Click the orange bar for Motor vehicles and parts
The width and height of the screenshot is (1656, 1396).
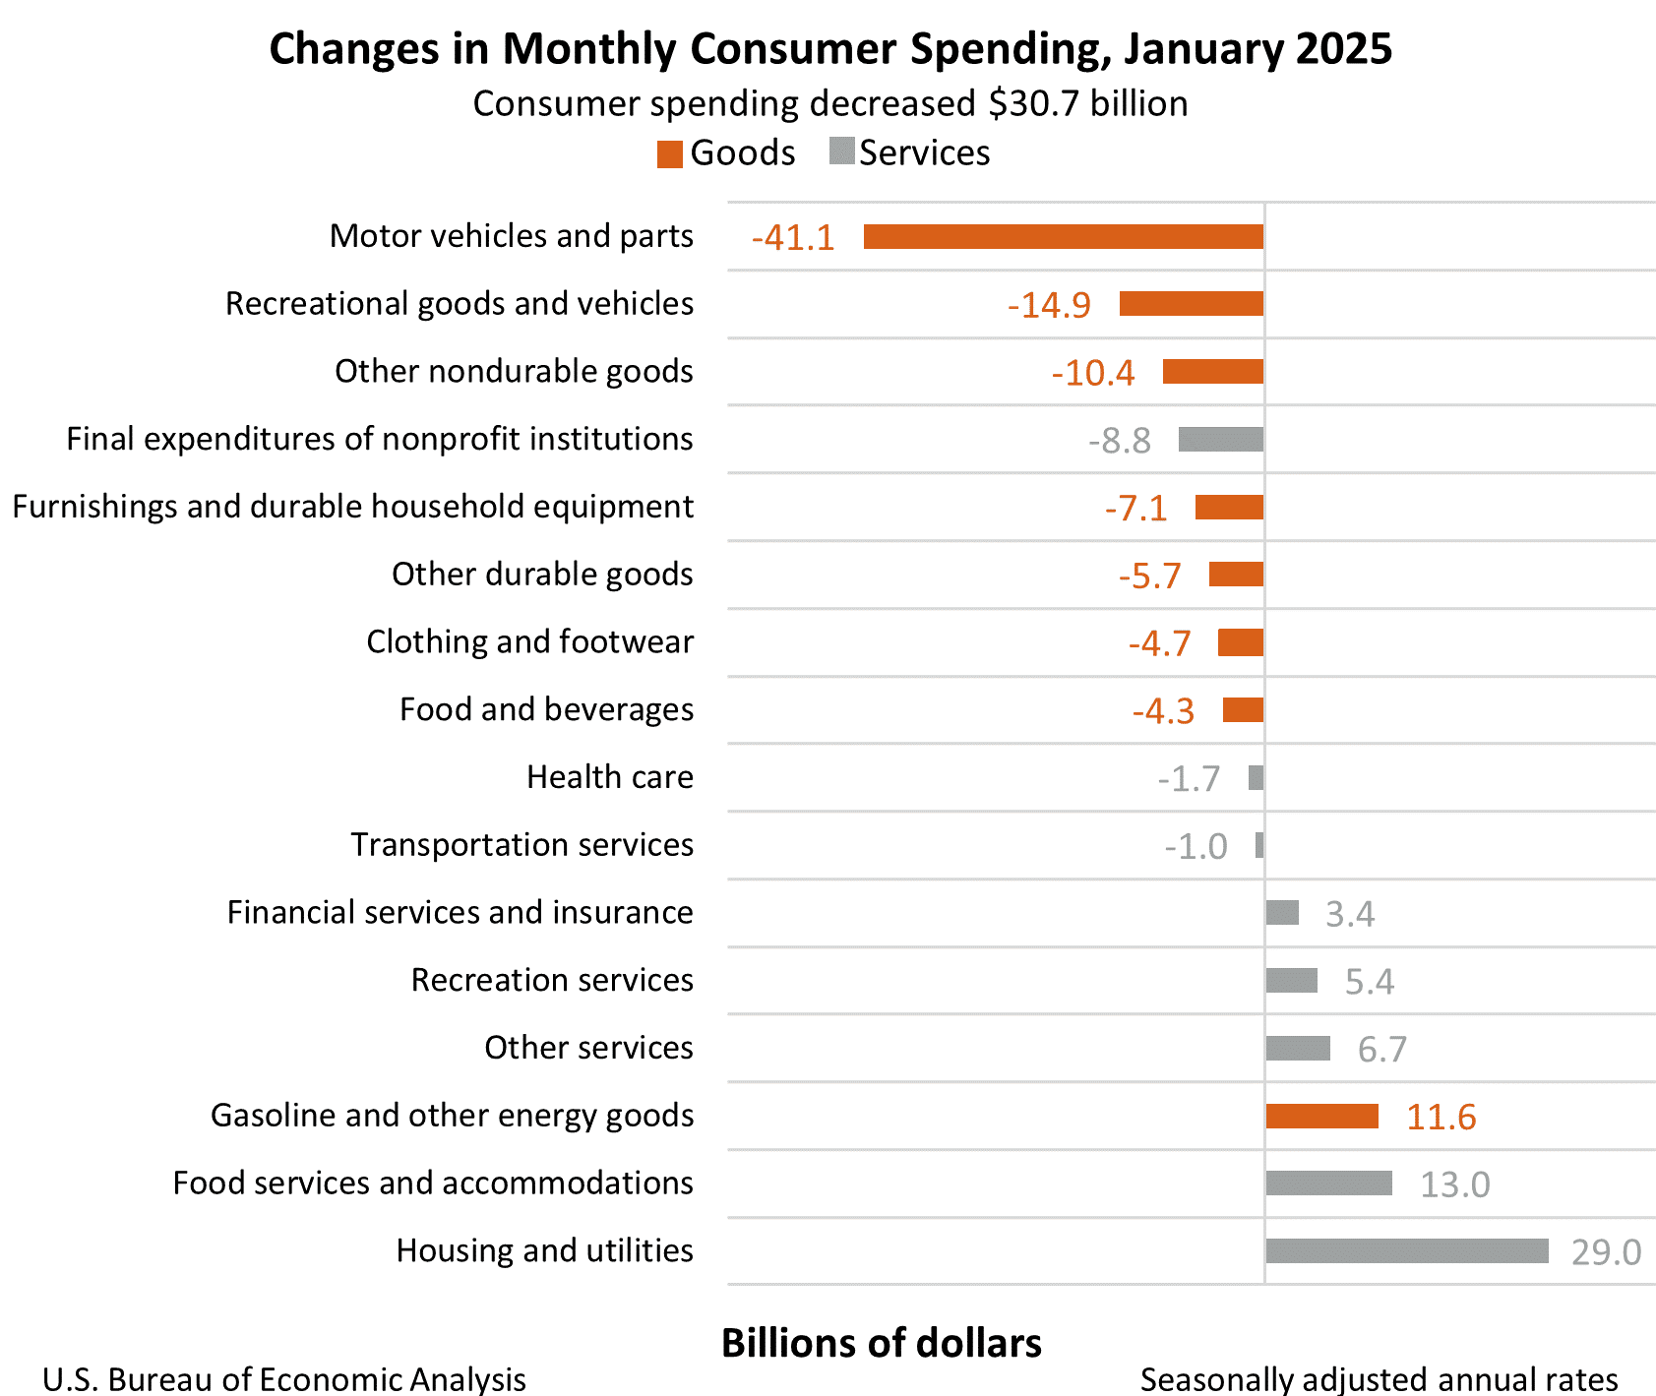click(1063, 237)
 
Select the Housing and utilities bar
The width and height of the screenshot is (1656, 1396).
click(1406, 1250)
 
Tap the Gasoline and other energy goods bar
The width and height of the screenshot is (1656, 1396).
click(1321, 1116)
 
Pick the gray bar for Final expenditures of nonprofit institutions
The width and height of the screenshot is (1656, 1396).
click(1220, 440)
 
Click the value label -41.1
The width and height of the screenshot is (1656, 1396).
click(793, 238)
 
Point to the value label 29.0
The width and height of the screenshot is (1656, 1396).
click(1606, 1252)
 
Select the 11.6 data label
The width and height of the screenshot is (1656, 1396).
click(1441, 1118)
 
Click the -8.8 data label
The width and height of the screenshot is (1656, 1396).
click(1120, 441)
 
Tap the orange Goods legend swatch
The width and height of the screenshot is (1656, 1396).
click(670, 154)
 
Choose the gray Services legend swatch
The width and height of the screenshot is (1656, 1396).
click(841, 152)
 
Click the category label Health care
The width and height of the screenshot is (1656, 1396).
click(610, 777)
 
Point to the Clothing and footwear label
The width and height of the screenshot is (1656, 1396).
click(529, 641)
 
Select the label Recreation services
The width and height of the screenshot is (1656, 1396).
click(552, 980)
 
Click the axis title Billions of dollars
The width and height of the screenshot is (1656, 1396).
click(881, 1344)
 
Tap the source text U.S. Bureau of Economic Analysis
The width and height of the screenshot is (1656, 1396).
click(284, 1379)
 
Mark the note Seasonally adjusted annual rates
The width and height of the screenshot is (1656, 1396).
click(1379, 1379)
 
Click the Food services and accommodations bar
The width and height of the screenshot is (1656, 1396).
click(1328, 1183)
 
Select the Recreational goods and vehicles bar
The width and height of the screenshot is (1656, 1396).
click(1191, 304)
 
